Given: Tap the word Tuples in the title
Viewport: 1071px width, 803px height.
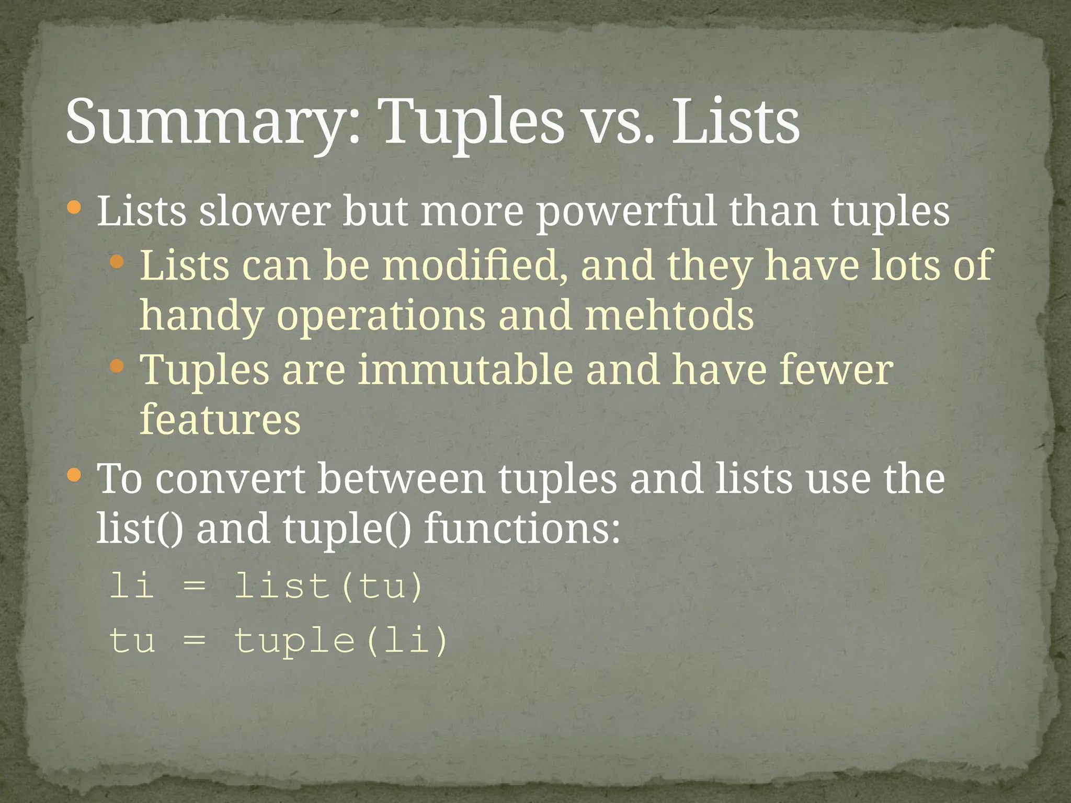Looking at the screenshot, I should tap(473, 123).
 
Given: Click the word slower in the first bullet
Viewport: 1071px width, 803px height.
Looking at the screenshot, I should tap(265, 212).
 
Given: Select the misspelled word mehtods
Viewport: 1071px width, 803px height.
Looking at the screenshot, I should tap(669, 316).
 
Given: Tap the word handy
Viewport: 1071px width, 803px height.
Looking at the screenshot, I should tap(201, 316).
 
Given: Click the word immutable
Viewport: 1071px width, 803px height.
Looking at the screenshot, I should tap(465, 370).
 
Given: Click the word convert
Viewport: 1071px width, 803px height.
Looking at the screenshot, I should tap(230, 479).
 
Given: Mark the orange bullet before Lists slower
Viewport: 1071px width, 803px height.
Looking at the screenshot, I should tap(75, 208).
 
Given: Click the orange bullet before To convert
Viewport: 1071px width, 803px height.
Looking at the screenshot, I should tap(75, 475).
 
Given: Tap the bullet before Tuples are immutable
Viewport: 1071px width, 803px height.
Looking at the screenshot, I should tap(117, 365).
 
